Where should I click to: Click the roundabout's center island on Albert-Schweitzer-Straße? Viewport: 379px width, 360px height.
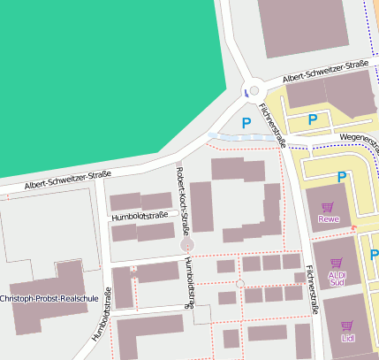(254, 90)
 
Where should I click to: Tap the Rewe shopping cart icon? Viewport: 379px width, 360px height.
(328, 207)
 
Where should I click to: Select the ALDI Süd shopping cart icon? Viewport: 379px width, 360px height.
(336, 263)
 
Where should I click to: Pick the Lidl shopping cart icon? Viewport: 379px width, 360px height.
(346, 326)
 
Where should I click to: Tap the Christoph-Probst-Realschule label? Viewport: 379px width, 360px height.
(49, 299)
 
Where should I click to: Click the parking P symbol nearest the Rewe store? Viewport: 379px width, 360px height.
(341, 177)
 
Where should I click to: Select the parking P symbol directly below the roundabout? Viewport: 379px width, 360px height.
(246, 121)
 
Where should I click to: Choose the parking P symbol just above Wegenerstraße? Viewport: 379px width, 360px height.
(312, 119)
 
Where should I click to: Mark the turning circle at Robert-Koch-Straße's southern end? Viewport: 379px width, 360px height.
(187, 243)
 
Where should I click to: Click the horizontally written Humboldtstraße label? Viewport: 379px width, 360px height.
(140, 216)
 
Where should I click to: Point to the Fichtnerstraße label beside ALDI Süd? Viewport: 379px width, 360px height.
(311, 291)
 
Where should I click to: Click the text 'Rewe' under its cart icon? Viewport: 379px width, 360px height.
(329, 219)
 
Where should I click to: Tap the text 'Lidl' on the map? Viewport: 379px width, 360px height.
(346, 338)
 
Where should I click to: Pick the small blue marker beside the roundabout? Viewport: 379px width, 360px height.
(245, 91)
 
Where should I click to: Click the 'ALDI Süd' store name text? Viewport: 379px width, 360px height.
(337, 279)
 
